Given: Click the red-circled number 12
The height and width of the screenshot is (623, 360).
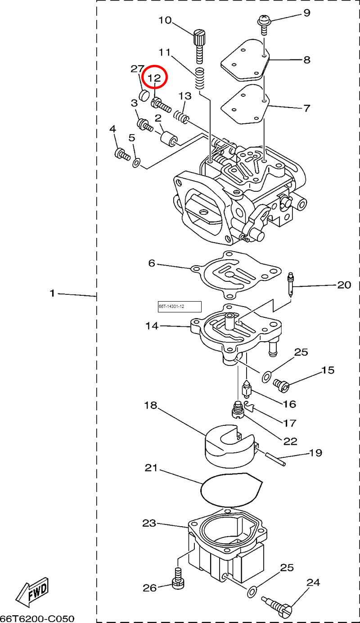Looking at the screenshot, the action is coord(154,78).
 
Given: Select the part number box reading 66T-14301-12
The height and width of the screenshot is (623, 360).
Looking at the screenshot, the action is coord(180,307).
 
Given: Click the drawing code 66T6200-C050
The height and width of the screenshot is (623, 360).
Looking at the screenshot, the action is coord(37,618).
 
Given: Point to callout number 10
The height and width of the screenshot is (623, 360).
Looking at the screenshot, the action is coord(165,20).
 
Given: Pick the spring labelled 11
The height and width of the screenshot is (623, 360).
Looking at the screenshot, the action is coord(200,78).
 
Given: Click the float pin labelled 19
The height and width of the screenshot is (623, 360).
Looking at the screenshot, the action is coord(274,459).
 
